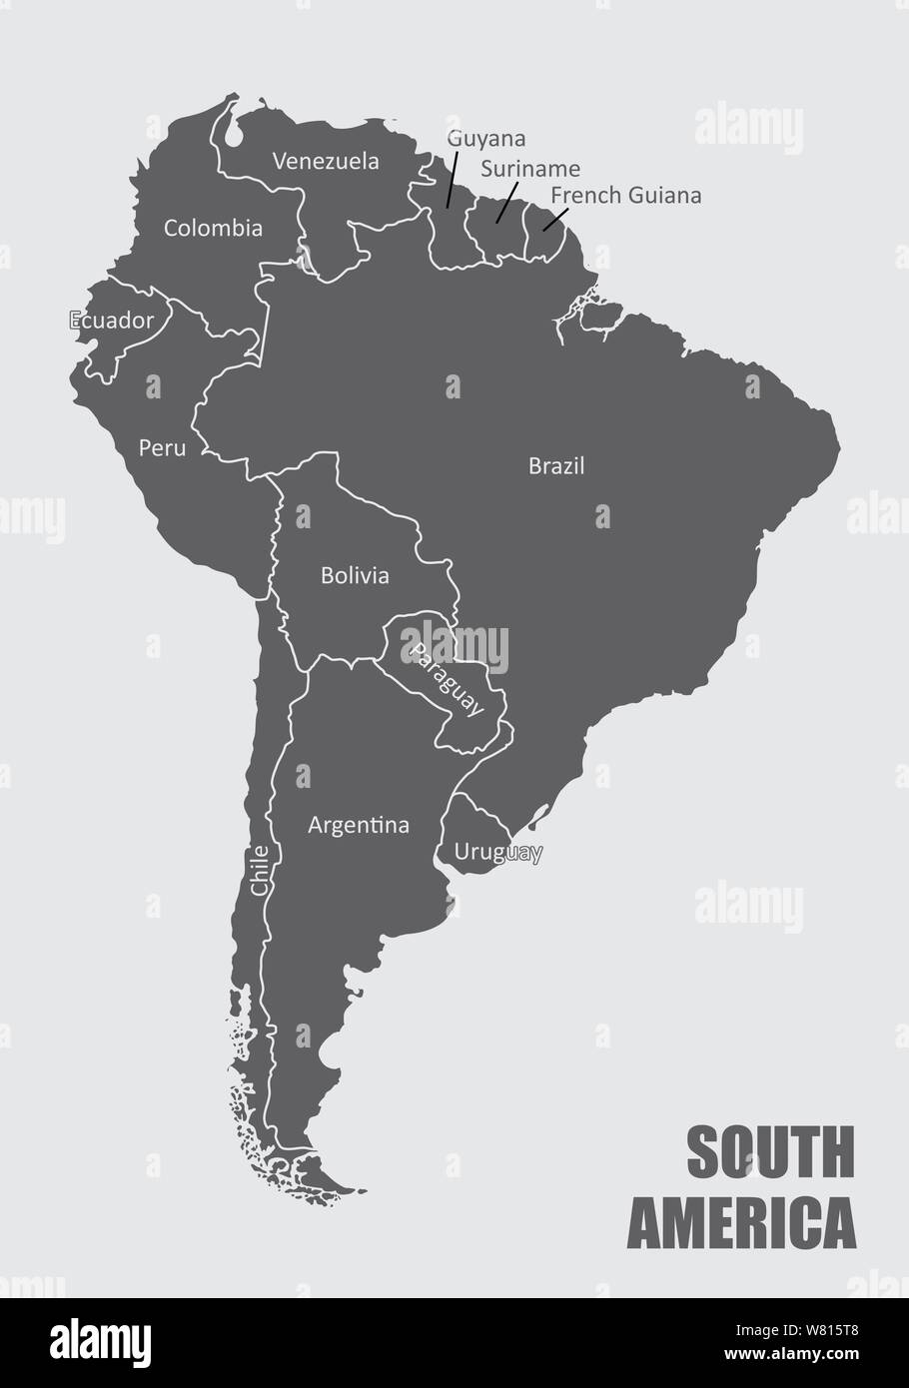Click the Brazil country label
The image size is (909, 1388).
(556, 465)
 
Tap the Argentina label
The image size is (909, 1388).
(359, 825)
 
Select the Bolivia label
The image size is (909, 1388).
(355, 575)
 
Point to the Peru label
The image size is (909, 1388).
(162, 447)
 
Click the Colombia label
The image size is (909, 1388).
(213, 228)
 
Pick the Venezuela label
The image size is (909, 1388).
(326, 161)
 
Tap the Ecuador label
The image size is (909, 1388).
(112, 321)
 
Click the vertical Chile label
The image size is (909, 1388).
(260, 869)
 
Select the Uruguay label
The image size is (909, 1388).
(498, 852)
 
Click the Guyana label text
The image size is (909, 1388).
(486, 138)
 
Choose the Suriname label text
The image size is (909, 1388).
(529, 169)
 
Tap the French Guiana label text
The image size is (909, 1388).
(625, 195)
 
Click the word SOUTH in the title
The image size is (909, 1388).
(770, 1152)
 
